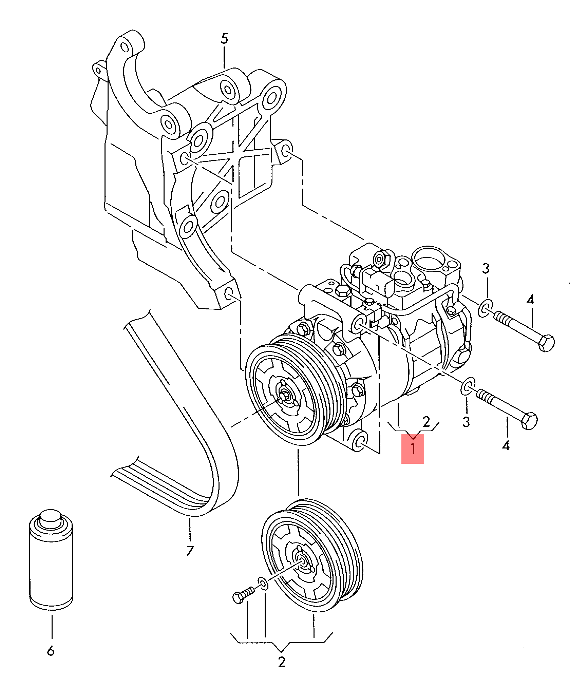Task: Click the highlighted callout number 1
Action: click(x=413, y=448)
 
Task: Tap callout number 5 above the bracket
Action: click(x=224, y=39)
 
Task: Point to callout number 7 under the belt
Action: click(x=190, y=550)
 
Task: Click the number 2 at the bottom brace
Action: click(x=282, y=662)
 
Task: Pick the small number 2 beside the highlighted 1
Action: click(x=426, y=422)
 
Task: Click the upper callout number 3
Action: click(x=486, y=268)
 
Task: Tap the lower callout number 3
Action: click(x=466, y=422)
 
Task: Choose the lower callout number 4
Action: click(x=506, y=445)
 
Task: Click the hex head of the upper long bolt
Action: click(x=546, y=343)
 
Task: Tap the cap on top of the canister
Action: click(x=51, y=519)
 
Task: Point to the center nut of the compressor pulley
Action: click(x=284, y=395)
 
